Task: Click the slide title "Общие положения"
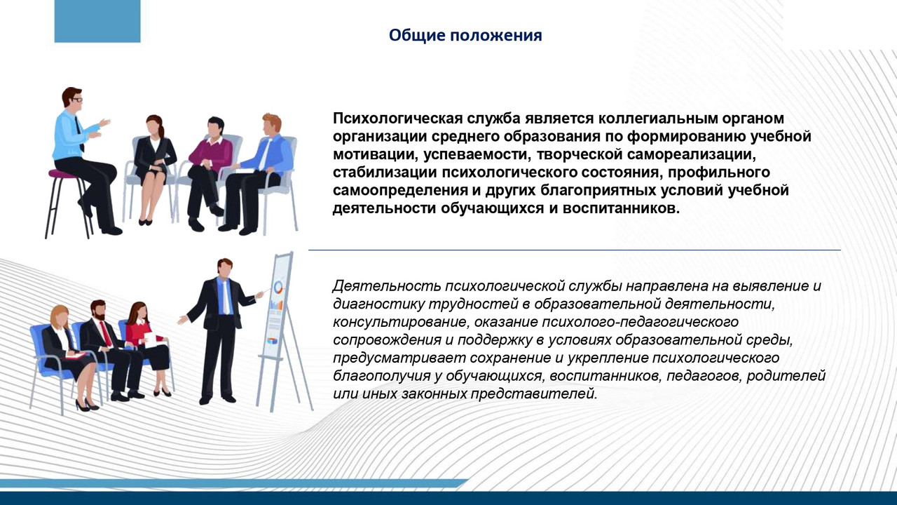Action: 465,35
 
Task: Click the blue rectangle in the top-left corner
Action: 97,21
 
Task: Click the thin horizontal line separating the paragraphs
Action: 575,250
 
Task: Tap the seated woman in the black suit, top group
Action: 153,165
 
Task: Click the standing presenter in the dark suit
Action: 221,326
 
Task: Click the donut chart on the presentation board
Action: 278,287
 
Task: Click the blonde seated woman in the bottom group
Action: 67,354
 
